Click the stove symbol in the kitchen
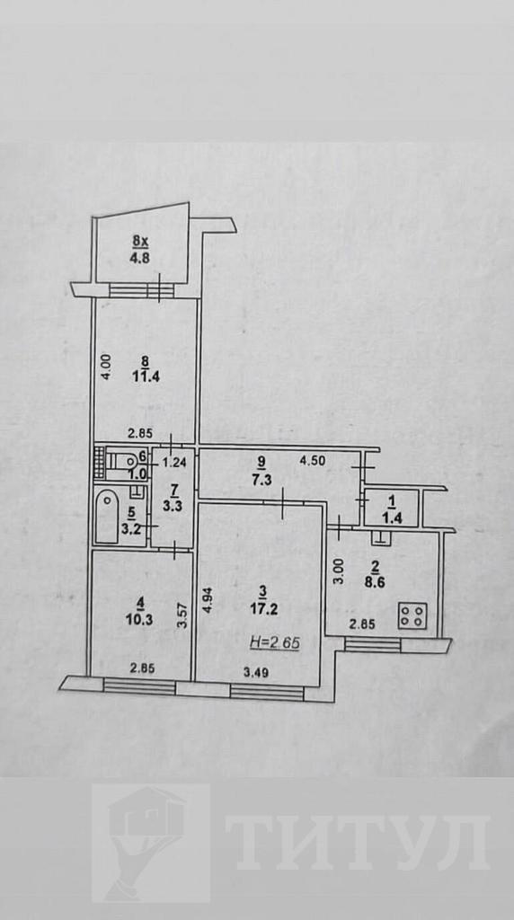[x=412, y=615]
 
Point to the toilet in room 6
[x=124, y=462]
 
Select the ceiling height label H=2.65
[x=275, y=642]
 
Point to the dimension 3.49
[x=256, y=673]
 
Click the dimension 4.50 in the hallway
[x=312, y=461]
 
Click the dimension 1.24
[x=174, y=462]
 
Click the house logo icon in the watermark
[x=151, y=843]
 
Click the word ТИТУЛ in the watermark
[x=358, y=843]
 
